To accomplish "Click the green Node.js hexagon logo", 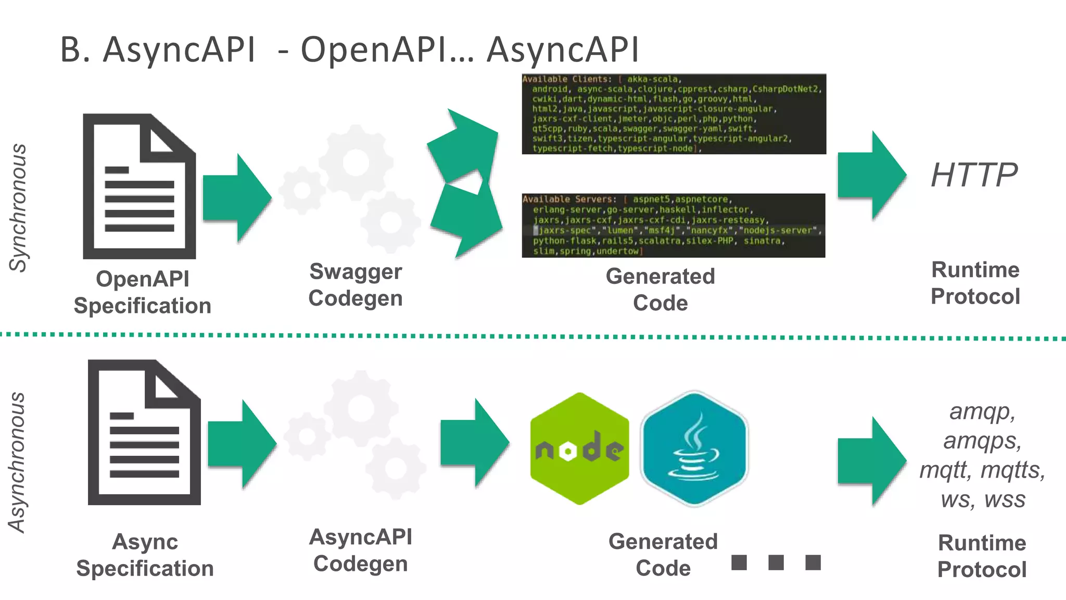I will pyautogui.click(x=579, y=448).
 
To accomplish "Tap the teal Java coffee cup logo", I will pyautogui.click(x=694, y=448).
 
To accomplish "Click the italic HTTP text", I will pyautogui.click(x=974, y=175).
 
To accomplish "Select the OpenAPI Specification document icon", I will pyautogui.click(x=139, y=186).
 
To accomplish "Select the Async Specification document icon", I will pyautogui.click(x=144, y=432).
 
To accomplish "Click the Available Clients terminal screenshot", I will pyautogui.click(x=674, y=114).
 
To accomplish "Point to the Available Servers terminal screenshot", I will pyautogui.click(x=674, y=225).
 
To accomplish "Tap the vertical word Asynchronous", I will pyautogui.click(x=18, y=463).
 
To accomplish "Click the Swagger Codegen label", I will pyautogui.click(x=356, y=285).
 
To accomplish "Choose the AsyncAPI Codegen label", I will pyautogui.click(x=360, y=550).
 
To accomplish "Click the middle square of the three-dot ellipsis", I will pyautogui.click(x=776, y=562).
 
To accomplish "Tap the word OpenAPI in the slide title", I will pyautogui.click(x=373, y=50).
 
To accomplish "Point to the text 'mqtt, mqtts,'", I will pyautogui.click(x=982, y=470).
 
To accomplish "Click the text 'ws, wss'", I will pyautogui.click(x=983, y=499).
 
